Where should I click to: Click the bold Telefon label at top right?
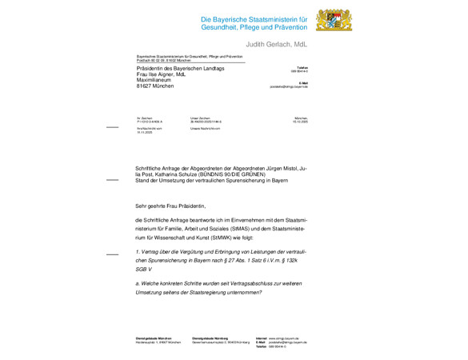[302, 68]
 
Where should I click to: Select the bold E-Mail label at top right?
[303, 82]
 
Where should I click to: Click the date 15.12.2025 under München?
[300, 122]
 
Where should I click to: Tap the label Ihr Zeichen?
[144, 118]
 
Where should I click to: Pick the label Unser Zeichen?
[200, 118]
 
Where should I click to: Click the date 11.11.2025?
[144, 131]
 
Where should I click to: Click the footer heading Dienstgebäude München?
[154, 338]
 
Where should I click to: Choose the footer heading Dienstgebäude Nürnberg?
[210, 338]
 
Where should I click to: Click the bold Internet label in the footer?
[261, 338]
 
